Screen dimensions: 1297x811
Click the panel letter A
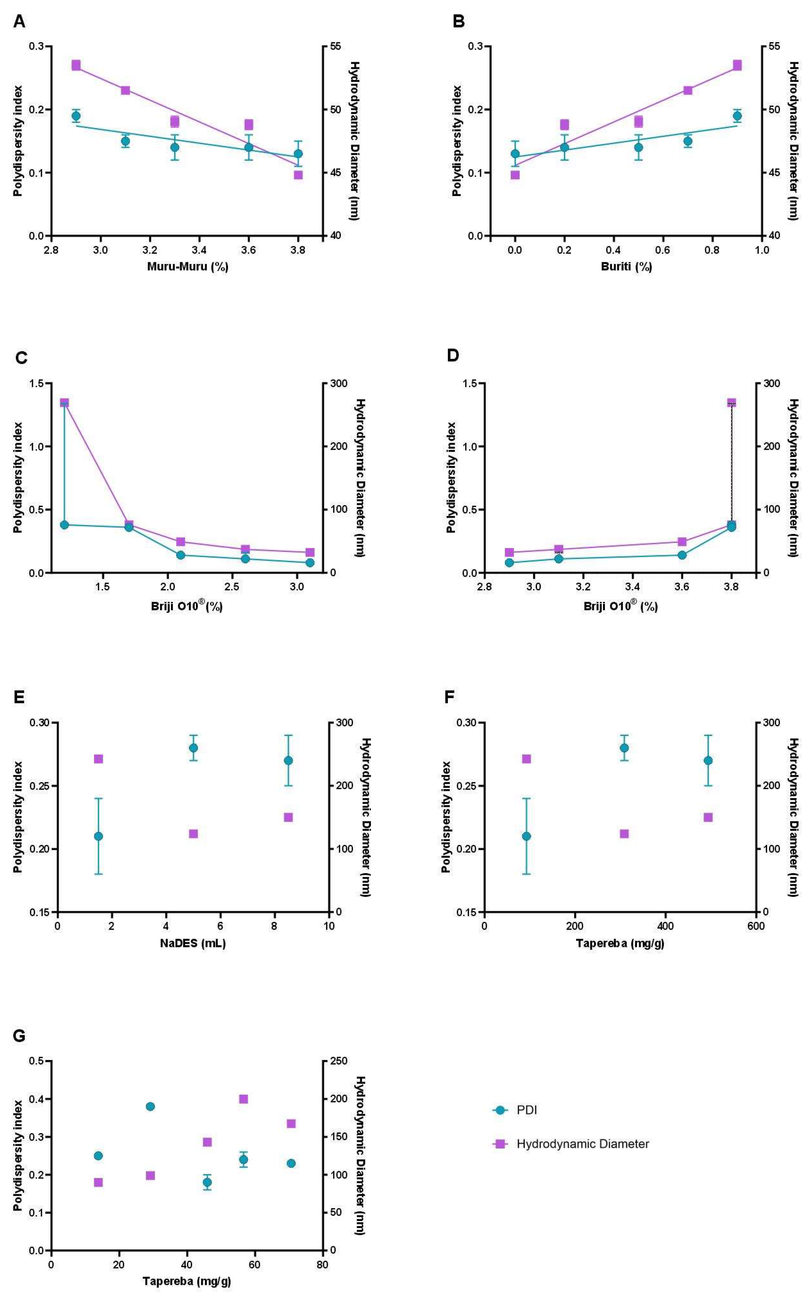19,22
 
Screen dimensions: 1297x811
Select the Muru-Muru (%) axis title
188,267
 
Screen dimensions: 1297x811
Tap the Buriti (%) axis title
626,267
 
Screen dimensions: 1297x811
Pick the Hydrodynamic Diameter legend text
582,1144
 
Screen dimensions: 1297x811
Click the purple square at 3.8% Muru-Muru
298,175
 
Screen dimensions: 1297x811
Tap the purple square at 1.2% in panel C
64,403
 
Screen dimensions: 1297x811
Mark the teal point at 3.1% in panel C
310,562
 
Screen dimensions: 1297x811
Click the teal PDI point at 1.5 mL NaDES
98,836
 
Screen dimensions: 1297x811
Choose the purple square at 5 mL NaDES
193,834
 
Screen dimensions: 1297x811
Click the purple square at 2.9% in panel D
509,552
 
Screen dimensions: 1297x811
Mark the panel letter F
450,698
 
